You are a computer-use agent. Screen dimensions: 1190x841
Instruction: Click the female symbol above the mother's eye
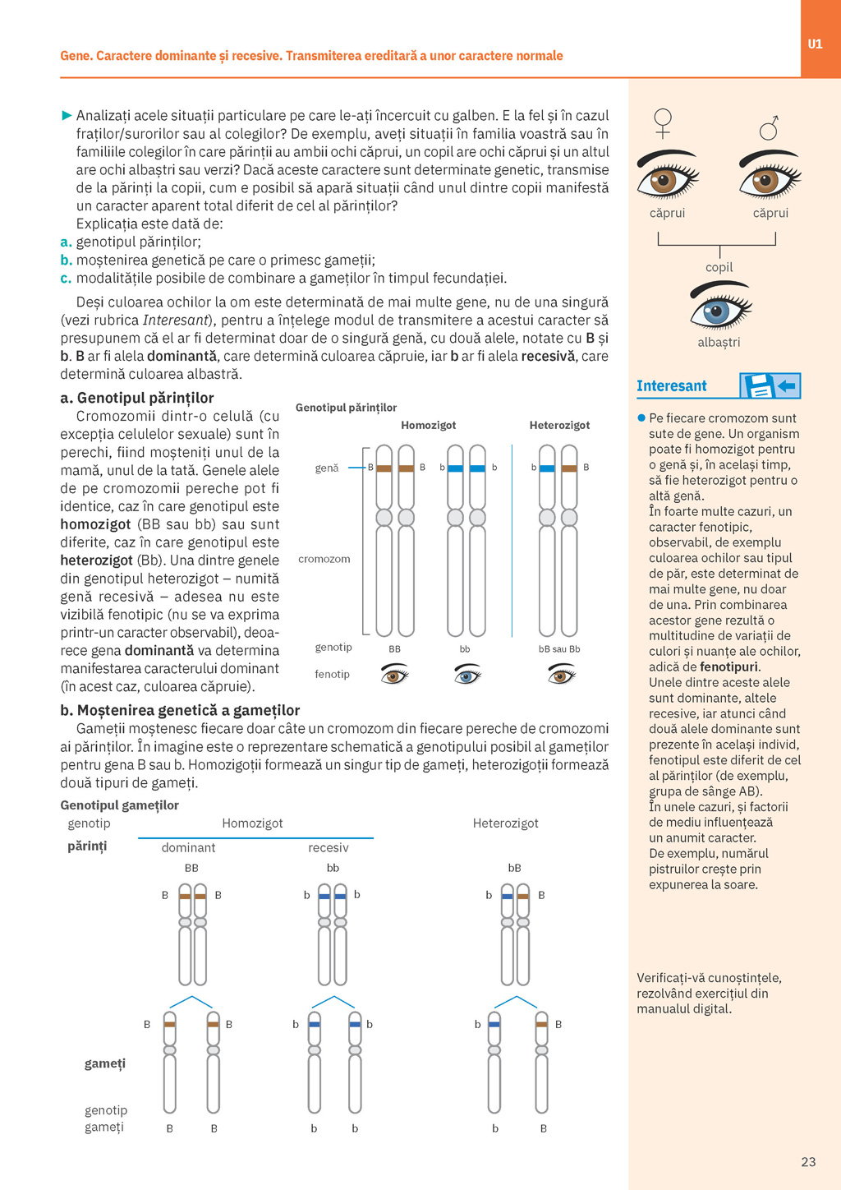coord(663,123)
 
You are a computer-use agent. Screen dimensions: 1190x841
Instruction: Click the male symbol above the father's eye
coord(769,127)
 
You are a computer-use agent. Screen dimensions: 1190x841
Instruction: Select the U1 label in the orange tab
coord(815,44)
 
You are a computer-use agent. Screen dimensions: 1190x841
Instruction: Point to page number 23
coord(808,1161)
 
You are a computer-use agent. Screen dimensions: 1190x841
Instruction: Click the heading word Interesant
coord(671,386)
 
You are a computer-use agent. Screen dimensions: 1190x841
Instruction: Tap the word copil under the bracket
coord(719,267)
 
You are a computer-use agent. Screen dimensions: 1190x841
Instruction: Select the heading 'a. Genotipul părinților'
coord(136,398)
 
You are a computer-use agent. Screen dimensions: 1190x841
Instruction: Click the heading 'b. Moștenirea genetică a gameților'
coord(180,710)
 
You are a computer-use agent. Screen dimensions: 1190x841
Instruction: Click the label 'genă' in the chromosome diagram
coord(326,468)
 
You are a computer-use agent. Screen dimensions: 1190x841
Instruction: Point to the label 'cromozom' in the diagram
coord(324,559)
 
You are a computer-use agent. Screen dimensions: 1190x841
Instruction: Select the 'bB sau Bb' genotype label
coord(559,648)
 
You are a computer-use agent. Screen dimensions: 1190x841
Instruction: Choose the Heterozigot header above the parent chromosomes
coord(559,425)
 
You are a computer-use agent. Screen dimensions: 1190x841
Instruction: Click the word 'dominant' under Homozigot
coord(188,847)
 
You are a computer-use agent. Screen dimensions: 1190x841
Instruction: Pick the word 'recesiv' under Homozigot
coord(328,847)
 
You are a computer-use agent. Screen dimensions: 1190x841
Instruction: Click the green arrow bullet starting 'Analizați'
coord(67,116)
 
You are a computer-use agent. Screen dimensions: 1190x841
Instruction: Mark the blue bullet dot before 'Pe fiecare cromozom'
coord(641,418)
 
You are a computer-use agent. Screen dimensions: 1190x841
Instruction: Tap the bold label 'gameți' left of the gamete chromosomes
coord(105,1063)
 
